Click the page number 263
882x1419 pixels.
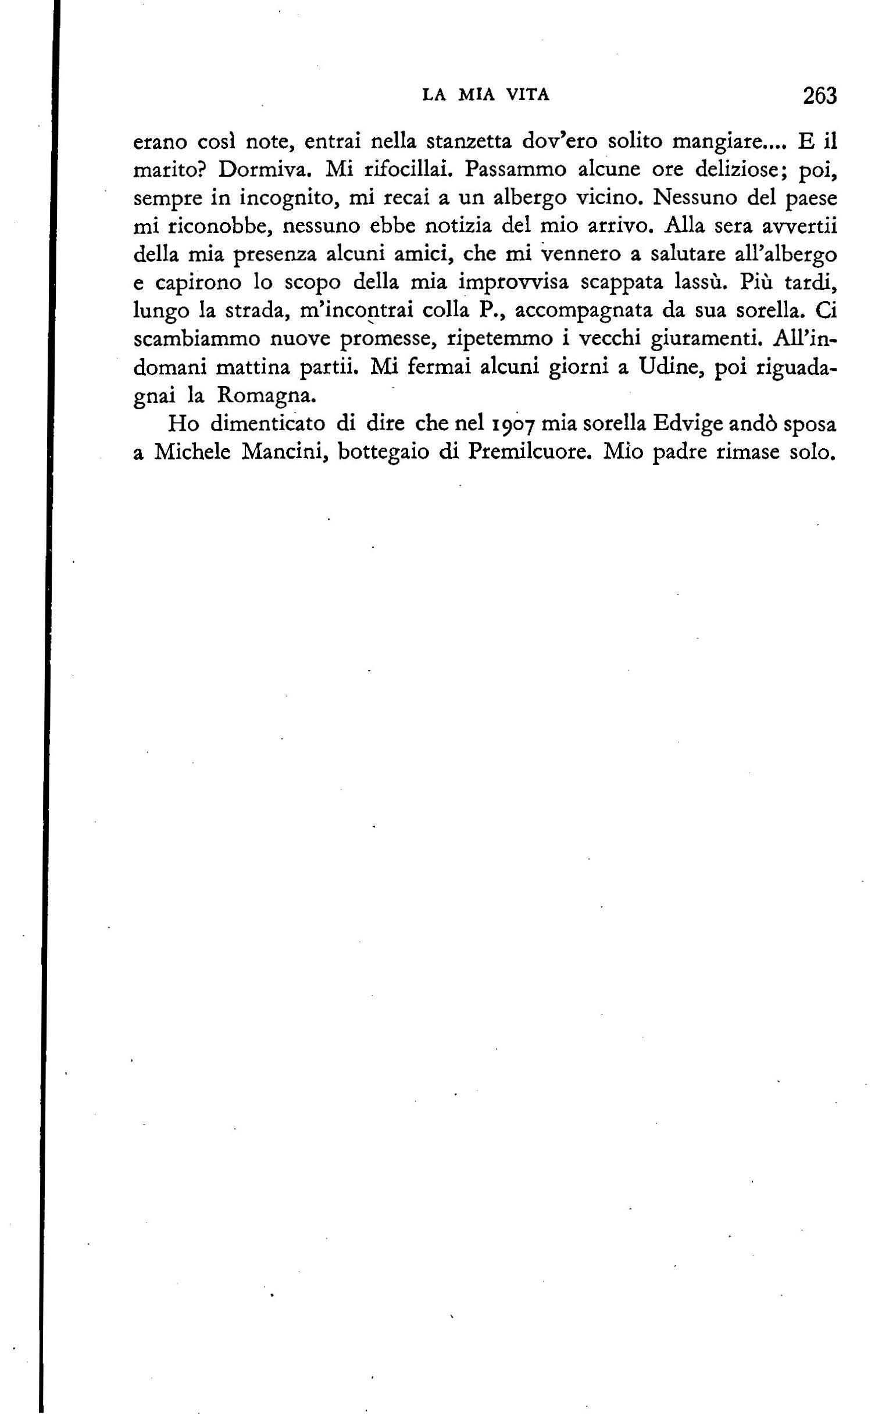(819, 95)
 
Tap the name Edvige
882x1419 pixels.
(684, 424)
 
